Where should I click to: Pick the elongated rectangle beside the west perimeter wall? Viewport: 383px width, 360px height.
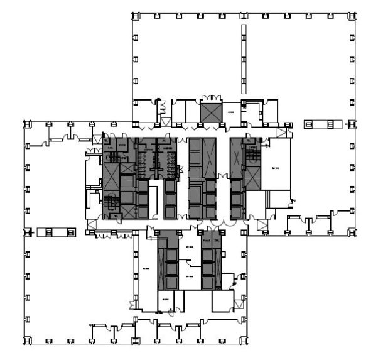pyautogui.click(x=47, y=232)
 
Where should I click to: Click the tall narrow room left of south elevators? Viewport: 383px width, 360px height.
pyautogui.click(x=146, y=267)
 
